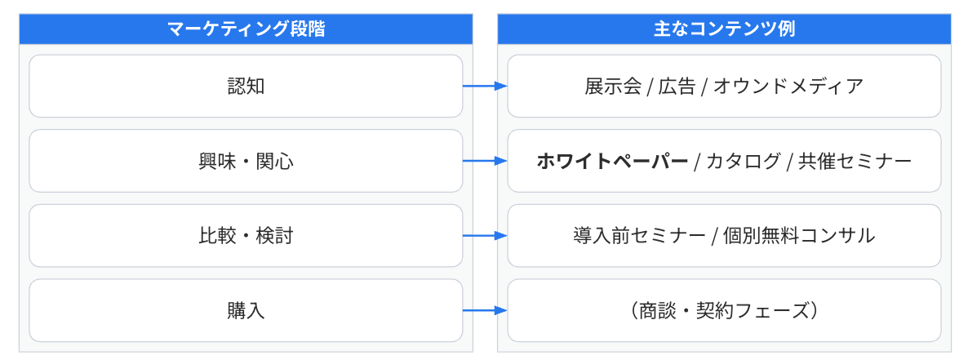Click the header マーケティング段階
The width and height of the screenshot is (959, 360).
coord(246,29)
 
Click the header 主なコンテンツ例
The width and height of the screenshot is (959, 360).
coord(725,29)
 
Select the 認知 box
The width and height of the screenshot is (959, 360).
coord(246,86)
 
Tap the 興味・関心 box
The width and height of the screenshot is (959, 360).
coord(246,161)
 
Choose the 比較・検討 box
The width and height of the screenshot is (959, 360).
coord(246,236)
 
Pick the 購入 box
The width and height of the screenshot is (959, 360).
coord(246,310)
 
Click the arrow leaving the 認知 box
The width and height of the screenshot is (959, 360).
coord(485,86)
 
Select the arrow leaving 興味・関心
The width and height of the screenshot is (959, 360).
coord(485,161)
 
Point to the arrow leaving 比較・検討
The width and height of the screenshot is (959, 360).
coord(485,236)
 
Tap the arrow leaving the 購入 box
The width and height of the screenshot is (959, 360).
coord(485,310)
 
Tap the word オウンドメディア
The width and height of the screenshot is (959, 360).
coord(788,87)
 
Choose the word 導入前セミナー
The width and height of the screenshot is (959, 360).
coord(639,237)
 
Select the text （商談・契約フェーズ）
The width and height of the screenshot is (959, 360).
coord(724,311)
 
